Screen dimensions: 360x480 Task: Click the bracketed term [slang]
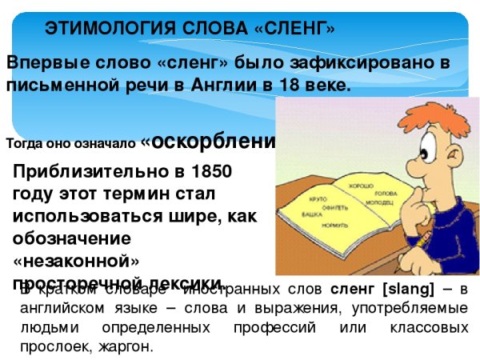[x=400, y=289]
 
